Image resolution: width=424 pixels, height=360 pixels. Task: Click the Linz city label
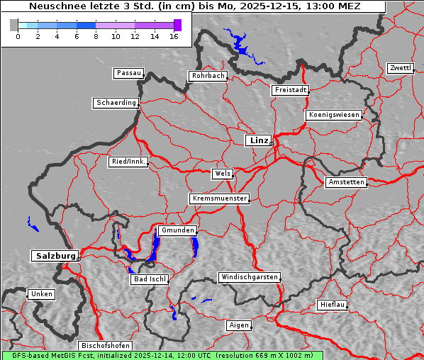point(258,140)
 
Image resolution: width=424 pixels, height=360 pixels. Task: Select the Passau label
point(128,73)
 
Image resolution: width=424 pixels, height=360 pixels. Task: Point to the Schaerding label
point(116,103)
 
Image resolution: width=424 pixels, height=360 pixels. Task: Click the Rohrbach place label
point(207,76)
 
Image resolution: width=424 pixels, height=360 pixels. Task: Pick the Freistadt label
point(290,90)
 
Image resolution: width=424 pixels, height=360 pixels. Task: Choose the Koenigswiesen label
point(334,115)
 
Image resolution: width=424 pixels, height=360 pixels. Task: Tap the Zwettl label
point(400,68)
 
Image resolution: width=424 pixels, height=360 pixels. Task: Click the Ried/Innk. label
point(128,162)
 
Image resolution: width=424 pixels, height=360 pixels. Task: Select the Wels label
point(222,174)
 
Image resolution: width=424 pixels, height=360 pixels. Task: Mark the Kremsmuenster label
point(220,198)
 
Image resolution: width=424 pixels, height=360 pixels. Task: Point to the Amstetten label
point(346,182)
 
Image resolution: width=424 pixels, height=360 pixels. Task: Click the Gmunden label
point(176,230)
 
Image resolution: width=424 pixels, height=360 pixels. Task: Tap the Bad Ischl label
point(150,279)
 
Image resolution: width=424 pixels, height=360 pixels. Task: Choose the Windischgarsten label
point(248,277)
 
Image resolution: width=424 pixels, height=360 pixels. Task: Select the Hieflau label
point(333,305)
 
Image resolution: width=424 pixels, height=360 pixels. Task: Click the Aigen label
point(239,325)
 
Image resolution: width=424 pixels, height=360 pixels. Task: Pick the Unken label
point(41,294)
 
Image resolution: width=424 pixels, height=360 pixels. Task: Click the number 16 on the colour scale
point(174,36)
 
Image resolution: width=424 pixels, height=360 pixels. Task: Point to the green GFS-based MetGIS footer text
point(162,355)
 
